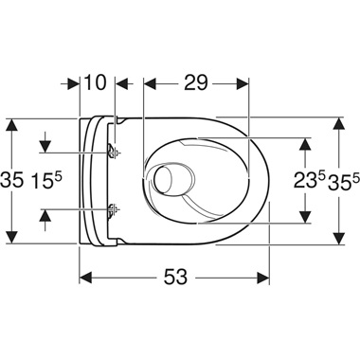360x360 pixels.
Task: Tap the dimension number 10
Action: (95, 83)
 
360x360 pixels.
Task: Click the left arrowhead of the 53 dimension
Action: (84, 278)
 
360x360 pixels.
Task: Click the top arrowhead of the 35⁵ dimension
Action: (339, 123)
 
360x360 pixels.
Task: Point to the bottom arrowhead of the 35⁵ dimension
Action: (339, 238)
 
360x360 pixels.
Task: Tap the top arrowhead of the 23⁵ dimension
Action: (305, 142)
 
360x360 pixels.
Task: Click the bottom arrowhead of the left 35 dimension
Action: (11, 238)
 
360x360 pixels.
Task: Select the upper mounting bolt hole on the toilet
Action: (114, 152)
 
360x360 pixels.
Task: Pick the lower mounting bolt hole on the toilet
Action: (114, 209)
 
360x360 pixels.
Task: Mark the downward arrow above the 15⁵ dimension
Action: (43, 146)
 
